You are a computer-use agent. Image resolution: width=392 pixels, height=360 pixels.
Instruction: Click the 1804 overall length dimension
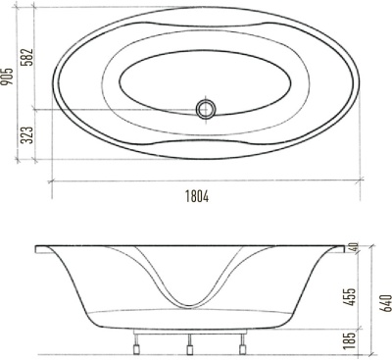195,195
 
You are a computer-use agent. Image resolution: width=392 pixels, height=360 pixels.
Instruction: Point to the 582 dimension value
29,61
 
